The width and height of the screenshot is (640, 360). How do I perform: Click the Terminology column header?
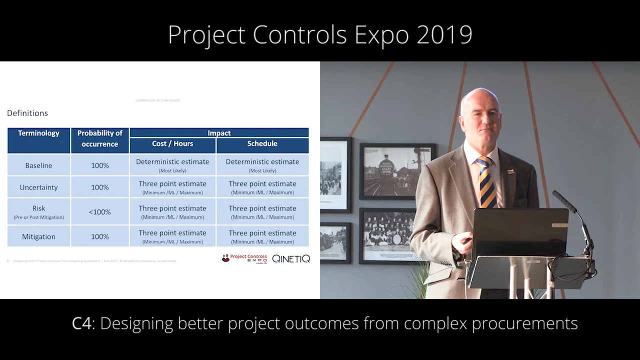38,133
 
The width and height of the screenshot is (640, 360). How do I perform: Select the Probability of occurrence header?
99,138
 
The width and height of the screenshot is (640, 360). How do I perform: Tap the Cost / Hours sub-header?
172,144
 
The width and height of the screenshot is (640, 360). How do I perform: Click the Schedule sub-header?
262,144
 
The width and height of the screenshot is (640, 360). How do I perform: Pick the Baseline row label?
38,165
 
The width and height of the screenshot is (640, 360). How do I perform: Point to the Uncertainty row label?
38,187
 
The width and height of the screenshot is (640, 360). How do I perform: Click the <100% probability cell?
99,212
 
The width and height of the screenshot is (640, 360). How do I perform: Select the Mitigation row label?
38,237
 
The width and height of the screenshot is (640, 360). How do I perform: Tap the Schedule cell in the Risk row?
262,212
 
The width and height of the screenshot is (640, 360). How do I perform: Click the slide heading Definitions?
27,113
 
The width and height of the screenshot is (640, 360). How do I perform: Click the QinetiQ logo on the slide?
291,258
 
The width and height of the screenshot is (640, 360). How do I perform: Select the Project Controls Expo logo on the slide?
245,258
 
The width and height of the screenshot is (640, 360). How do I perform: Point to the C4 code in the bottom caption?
81,323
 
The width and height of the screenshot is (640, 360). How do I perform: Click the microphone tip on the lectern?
556,194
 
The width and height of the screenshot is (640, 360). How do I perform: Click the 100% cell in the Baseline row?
99,165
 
